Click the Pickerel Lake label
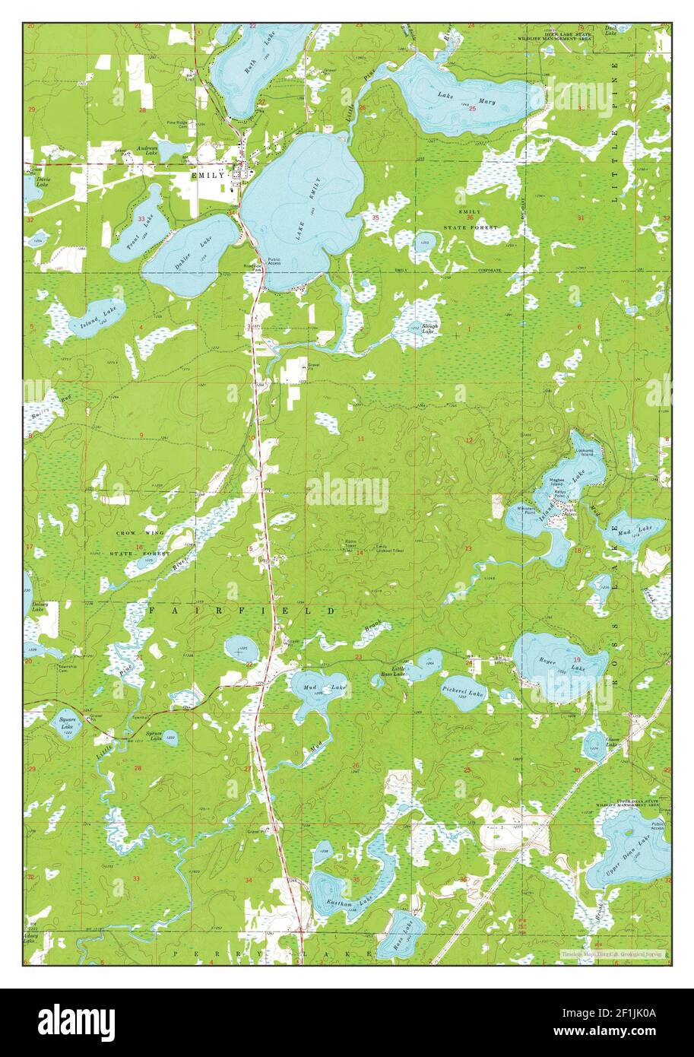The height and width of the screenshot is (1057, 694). [463, 692]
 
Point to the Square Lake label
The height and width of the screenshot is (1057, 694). [68, 722]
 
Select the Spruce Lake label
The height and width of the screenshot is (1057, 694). [154, 735]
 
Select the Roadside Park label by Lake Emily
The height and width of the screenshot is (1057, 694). [253, 267]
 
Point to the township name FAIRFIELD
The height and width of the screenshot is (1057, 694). [241, 611]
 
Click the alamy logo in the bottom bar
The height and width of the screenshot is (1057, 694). [77, 1022]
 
